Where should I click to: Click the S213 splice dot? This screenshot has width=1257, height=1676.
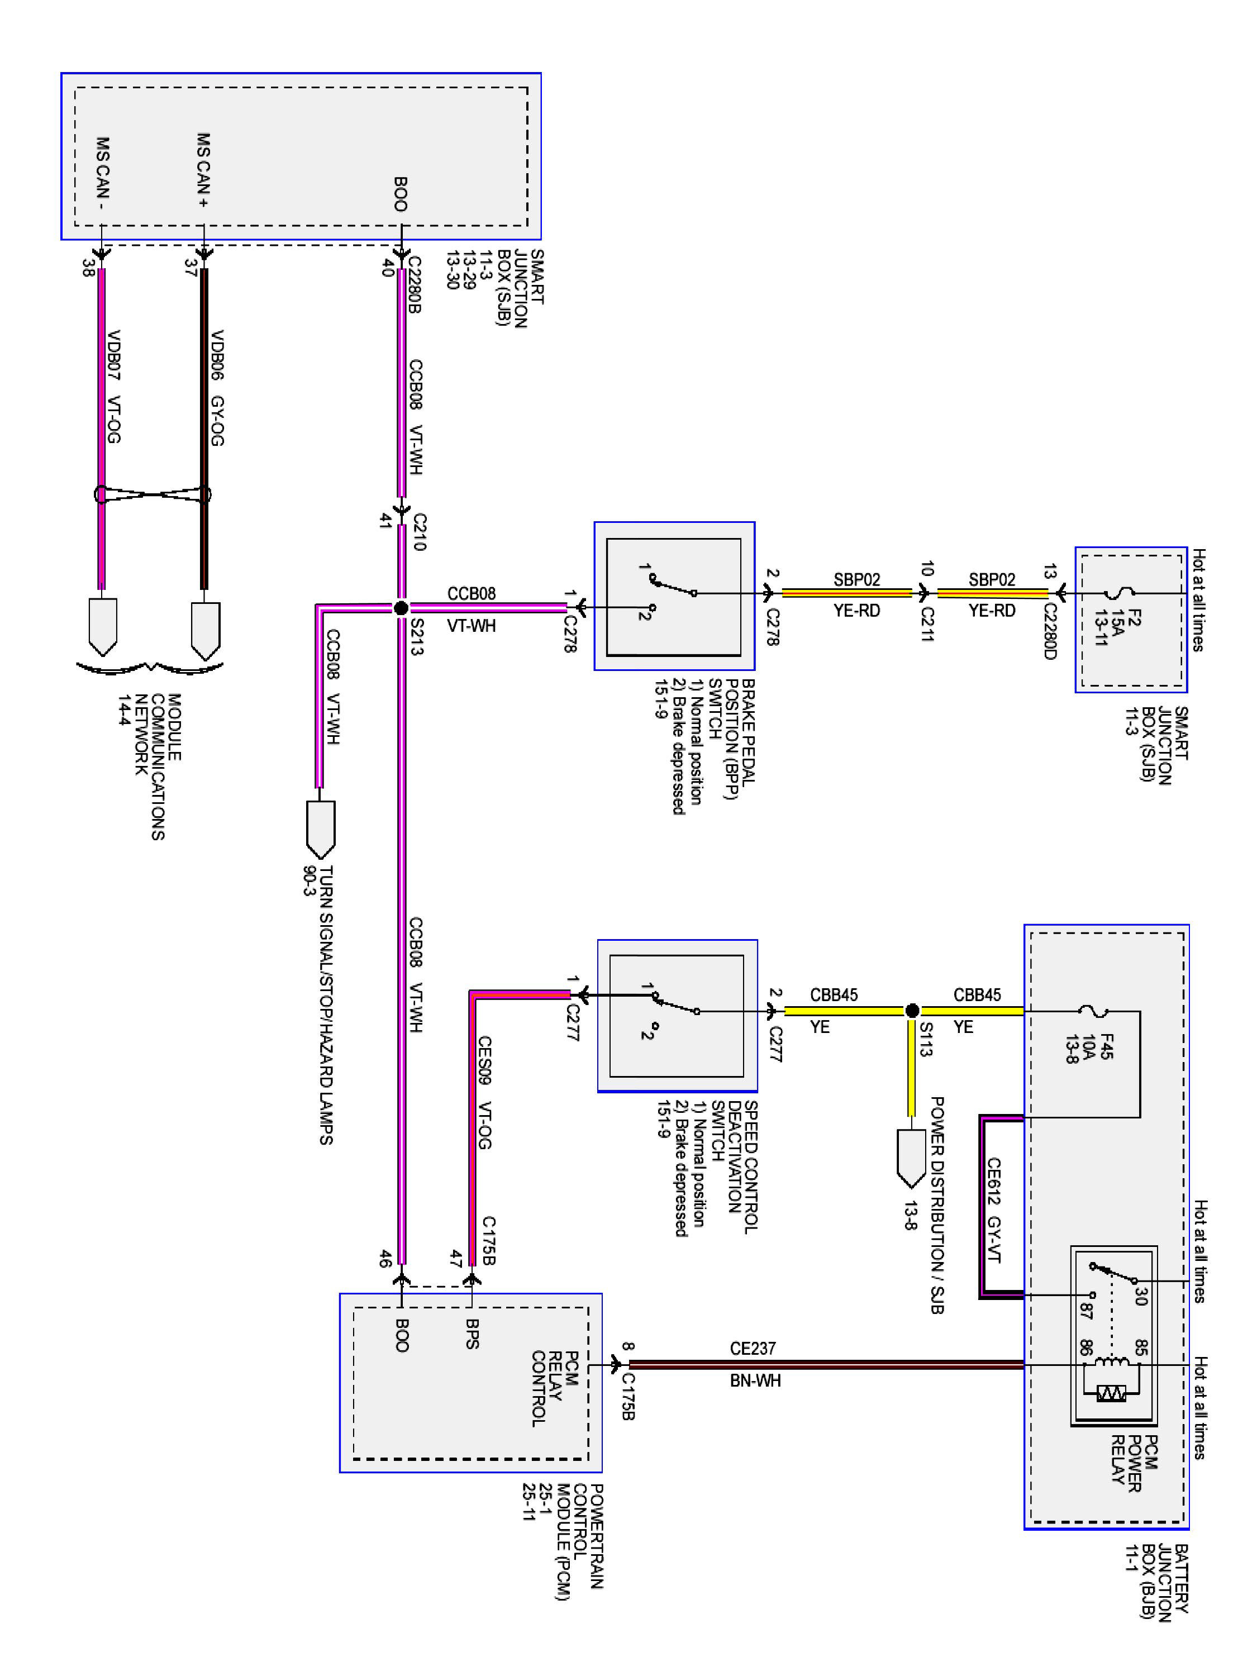(402, 608)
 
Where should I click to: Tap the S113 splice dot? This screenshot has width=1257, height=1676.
(912, 1011)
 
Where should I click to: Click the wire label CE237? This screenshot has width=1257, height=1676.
(753, 1348)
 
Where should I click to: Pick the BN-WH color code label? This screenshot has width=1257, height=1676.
(755, 1380)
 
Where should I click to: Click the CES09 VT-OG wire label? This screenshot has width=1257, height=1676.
(485, 1092)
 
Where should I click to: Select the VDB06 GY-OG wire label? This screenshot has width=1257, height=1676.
(217, 387)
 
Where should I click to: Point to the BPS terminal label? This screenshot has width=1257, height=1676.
(472, 1334)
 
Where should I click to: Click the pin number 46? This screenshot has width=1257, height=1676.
(385, 1259)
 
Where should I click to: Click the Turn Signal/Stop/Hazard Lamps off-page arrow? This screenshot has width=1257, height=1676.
(320, 830)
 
